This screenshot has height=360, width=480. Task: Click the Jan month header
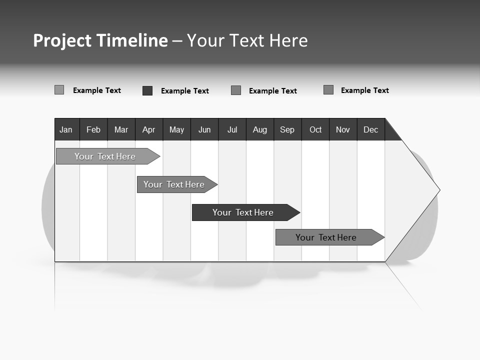pos(66,129)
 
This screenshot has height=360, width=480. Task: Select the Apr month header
pos(149,129)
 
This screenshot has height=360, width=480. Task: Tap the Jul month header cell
pos(232,129)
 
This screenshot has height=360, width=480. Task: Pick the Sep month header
pos(287,129)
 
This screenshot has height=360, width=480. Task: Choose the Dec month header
pos(371,129)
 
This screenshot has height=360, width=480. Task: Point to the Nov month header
pos(343,129)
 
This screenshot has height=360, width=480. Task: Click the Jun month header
pos(204,129)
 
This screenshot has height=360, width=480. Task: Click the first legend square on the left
pos(59,90)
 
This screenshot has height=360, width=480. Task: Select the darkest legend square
pos(147,90)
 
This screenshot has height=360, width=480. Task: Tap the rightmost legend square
pos(328,90)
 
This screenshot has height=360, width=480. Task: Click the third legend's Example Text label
pos(273,91)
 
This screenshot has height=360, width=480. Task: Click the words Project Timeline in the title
pos(100,40)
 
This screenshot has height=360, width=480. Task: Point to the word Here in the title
pos(288,40)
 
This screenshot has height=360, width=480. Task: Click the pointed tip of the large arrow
pos(438,189)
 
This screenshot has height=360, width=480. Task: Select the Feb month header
pos(93,129)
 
